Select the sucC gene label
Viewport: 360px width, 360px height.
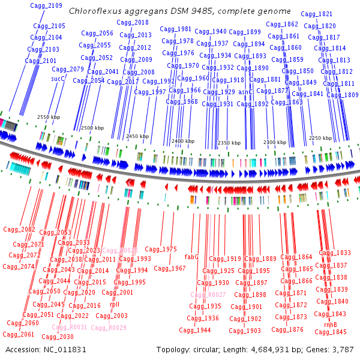(x=58, y=79)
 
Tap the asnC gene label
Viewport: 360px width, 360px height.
(x=245, y=92)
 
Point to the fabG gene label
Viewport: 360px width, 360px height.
(x=191, y=257)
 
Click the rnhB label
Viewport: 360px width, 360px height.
(x=330, y=325)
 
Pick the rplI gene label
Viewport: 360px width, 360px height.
(x=115, y=304)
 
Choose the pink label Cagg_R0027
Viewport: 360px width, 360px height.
(x=208, y=295)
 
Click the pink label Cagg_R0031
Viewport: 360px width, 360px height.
(x=69, y=328)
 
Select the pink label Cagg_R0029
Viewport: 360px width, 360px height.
(x=109, y=328)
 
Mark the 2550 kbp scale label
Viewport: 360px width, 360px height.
(x=49, y=118)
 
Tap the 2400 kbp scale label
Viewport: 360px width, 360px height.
(x=182, y=141)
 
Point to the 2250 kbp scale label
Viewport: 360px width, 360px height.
(x=320, y=138)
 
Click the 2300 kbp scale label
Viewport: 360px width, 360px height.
(x=274, y=142)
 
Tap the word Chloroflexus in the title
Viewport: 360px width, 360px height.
(x=94, y=11)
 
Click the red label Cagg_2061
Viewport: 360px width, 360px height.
(x=19, y=334)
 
